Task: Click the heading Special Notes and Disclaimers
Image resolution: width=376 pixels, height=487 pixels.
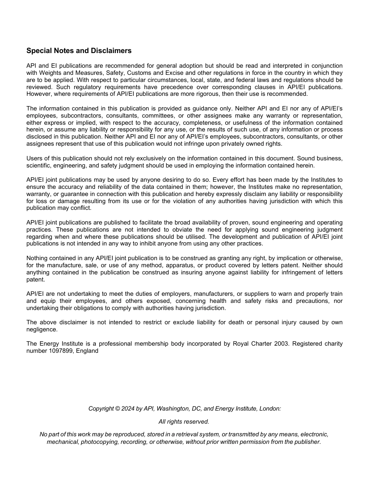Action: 79,51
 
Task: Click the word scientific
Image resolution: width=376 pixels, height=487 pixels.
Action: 38,166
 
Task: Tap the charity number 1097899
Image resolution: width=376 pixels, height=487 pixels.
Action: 59,351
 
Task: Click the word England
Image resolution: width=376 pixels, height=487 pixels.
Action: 87,351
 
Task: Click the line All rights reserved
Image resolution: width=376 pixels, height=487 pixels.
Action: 184,422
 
